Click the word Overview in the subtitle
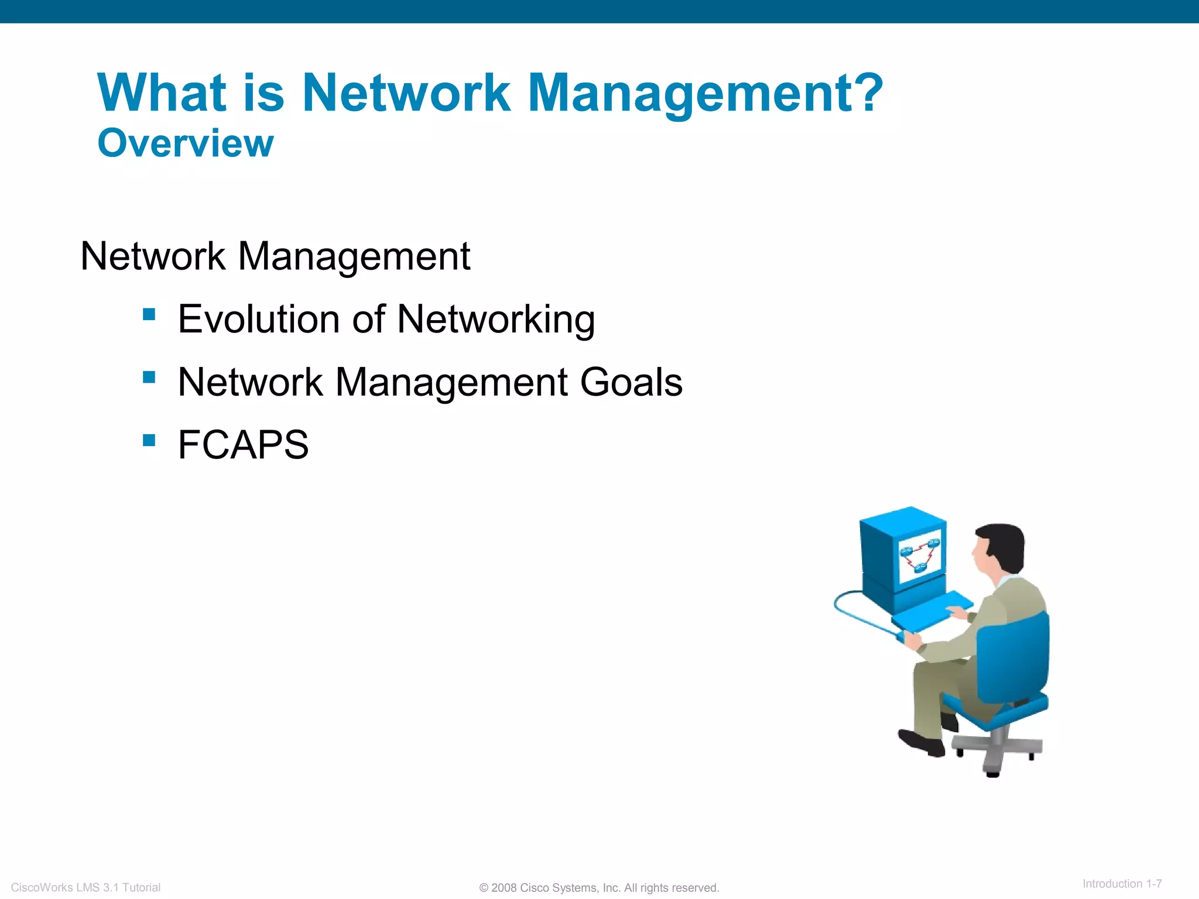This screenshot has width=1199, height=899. coord(185,143)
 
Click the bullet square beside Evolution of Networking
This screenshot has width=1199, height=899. coord(149,315)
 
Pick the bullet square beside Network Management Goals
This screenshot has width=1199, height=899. coord(149,378)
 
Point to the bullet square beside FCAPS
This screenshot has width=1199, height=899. coord(149,440)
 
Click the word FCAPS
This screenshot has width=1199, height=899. coord(243,445)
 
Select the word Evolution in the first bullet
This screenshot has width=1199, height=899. coord(258,320)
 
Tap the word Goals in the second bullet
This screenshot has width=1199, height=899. coord(631,382)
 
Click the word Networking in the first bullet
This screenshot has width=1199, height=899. coord(496,320)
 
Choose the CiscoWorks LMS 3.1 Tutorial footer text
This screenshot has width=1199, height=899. coord(85,887)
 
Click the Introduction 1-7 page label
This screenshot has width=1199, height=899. coord(1122,884)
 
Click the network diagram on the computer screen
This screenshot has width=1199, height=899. coord(920,556)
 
